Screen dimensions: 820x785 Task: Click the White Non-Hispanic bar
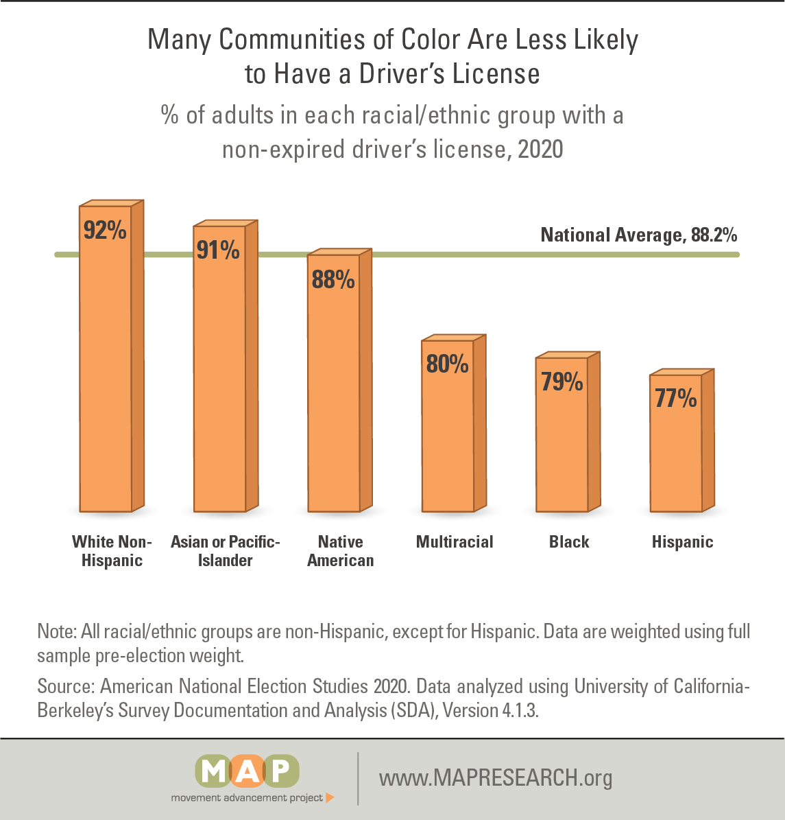point(106,371)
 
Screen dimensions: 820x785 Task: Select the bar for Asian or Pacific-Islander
point(219,384)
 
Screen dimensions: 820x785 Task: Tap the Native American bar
point(334,398)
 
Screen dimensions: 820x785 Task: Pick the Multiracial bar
point(448,439)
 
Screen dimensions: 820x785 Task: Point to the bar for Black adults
point(562,446)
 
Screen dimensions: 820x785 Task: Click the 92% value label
point(105,231)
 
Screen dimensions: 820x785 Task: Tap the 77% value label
point(676,399)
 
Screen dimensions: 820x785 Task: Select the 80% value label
point(448,364)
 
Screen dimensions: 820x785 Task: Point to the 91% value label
point(219,250)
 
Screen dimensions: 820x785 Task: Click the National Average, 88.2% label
point(639,235)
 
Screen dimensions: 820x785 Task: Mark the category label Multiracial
point(455,542)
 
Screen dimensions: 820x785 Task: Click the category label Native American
point(341,551)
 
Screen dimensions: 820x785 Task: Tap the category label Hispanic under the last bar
point(682,542)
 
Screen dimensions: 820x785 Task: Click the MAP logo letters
point(247,771)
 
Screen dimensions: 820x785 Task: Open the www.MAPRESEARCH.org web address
point(496,778)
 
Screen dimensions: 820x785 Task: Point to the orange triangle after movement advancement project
point(330,797)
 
